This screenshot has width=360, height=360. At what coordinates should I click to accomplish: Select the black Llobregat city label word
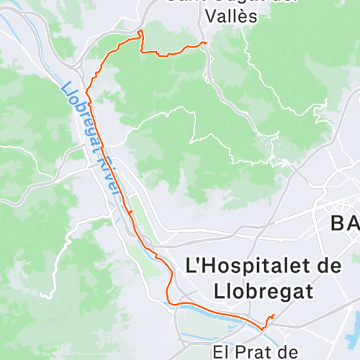point(263,291)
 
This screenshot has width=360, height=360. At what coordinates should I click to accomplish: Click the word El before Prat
point(225,353)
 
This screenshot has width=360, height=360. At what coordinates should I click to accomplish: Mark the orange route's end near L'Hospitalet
point(274,315)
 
